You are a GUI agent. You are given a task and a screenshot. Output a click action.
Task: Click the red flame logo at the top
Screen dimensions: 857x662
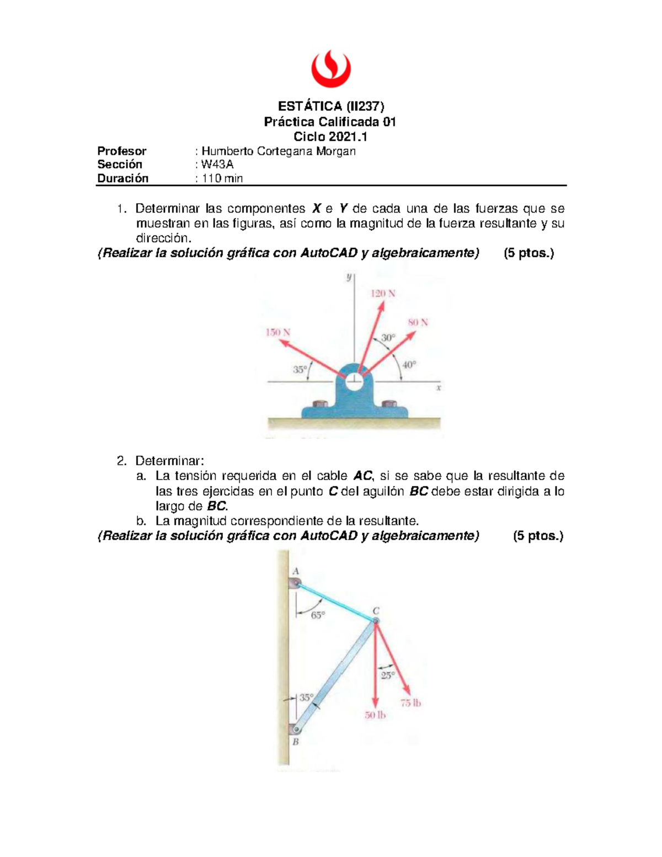pos(330,68)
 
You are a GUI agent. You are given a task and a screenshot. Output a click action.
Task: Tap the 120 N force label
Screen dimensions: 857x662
pos(382,294)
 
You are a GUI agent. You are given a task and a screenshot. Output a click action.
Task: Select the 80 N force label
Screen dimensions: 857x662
pos(418,322)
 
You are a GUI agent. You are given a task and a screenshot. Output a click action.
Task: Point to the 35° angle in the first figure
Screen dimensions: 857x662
pos(300,370)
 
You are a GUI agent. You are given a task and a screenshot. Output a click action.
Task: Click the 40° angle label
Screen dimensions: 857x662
pos(409,365)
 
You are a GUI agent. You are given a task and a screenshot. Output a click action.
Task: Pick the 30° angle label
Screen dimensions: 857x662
pos(388,338)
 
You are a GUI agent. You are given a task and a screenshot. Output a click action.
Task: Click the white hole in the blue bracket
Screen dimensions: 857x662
pos(354,379)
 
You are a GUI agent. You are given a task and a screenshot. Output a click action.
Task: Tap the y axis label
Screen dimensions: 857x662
pos(349,277)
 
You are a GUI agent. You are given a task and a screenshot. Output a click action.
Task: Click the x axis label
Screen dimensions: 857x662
pos(439,388)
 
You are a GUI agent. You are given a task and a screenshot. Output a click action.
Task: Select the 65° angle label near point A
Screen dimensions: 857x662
pos(318,615)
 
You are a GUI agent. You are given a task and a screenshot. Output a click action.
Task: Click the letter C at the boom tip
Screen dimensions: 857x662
pos(376,611)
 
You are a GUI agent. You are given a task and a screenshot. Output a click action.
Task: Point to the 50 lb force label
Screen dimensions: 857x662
pos(375,715)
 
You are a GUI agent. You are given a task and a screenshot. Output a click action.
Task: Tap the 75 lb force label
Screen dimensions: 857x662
pos(410,703)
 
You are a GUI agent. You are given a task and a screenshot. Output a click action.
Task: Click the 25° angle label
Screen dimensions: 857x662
pos(388,675)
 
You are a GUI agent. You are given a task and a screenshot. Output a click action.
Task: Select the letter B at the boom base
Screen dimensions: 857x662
pos(296,742)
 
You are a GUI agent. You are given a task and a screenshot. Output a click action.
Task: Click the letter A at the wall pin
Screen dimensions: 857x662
pos(296,572)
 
